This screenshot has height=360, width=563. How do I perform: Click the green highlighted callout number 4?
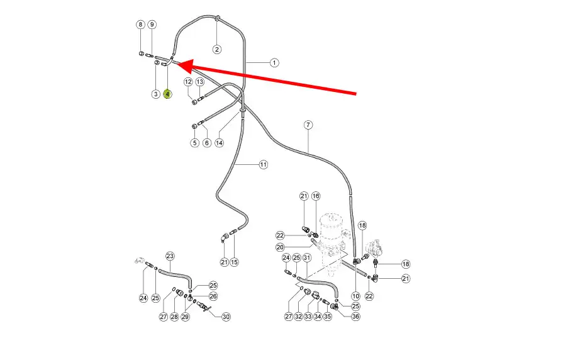pyautogui.click(x=167, y=94)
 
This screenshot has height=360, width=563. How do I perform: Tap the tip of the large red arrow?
pyautogui.click(x=175, y=63)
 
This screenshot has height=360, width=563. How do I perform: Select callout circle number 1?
pyautogui.click(x=274, y=62)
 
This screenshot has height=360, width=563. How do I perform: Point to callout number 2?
pyautogui.click(x=216, y=49)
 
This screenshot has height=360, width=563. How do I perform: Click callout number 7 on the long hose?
pyautogui.click(x=308, y=125)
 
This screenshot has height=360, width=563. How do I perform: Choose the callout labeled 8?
pyautogui.click(x=140, y=25)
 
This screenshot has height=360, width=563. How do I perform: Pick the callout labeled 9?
pyautogui.click(x=152, y=25)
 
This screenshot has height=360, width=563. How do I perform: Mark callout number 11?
pyautogui.click(x=263, y=164)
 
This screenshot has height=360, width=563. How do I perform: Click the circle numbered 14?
pyautogui.click(x=219, y=143)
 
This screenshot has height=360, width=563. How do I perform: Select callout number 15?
pyautogui.click(x=234, y=262)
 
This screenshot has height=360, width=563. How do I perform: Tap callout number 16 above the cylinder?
pyautogui.click(x=316, y=196)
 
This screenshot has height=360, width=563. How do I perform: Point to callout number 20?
pyautogui.click(x=281, y=247)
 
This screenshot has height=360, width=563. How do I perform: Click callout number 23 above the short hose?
pyautogui.click(x=170, y=256)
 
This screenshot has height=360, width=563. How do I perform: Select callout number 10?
pyautogui.click(x=356, y=296)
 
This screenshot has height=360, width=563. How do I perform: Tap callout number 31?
pyautogui.click(x=307, y=257)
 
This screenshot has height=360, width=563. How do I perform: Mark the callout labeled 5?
pyautogui.click(x=194, y=143)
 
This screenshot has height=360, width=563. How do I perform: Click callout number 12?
pyautogui.click(x=188, y=82)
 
